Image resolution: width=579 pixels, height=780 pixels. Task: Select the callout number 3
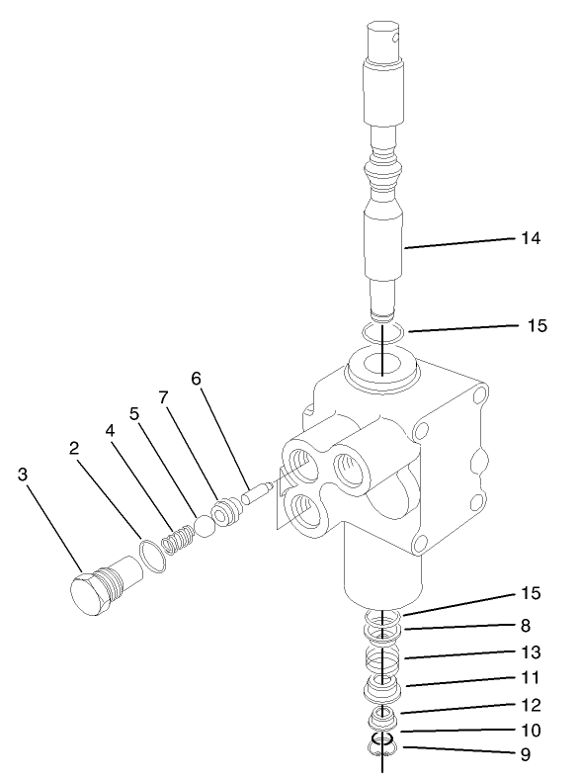tap(22, 475)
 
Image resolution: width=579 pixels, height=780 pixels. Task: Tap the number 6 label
tap(195, 378)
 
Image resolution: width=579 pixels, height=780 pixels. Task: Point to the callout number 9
tap(526, 754)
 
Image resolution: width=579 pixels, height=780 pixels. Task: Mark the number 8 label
tap(526, 625)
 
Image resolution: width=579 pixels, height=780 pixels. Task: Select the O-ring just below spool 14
tap(381, 333)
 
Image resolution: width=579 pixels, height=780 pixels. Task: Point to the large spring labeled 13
tap(381, 658)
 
